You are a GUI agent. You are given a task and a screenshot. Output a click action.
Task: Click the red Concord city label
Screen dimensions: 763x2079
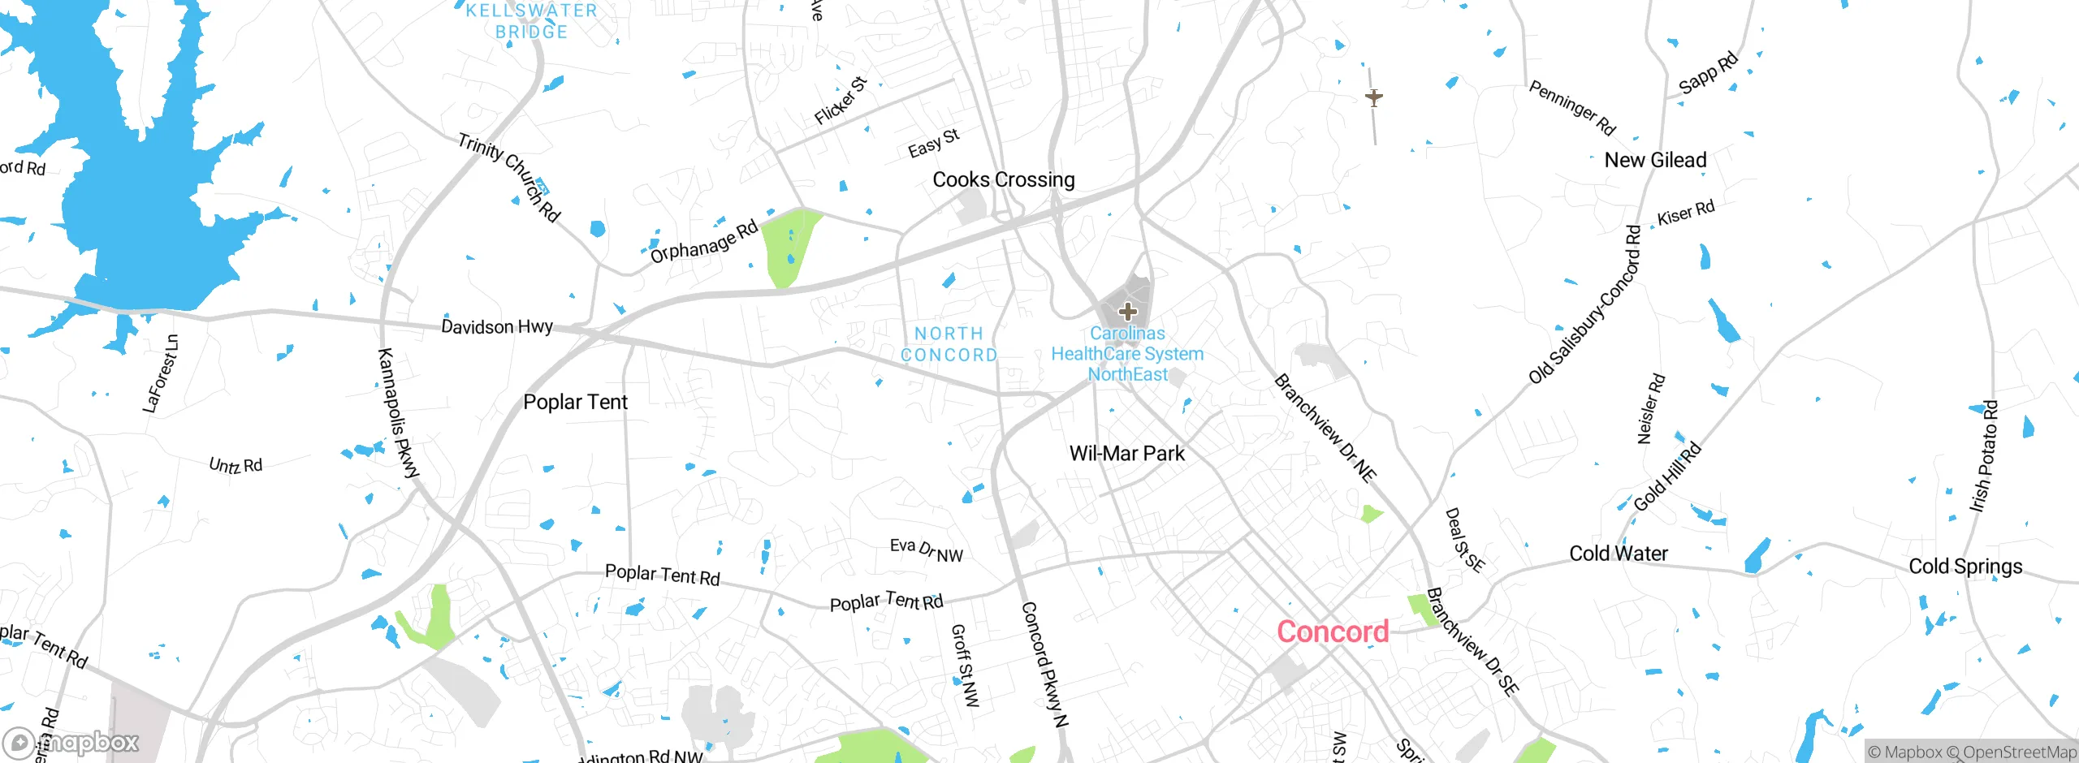point(1333,632)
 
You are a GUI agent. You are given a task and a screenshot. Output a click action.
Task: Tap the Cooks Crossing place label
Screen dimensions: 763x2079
point(1003,179)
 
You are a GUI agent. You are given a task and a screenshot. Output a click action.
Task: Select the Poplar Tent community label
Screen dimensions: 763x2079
point(575,402)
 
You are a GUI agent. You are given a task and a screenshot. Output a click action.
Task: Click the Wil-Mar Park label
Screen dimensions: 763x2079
point(1126,453)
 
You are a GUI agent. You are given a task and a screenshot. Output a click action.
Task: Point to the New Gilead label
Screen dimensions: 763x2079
point(1655,160)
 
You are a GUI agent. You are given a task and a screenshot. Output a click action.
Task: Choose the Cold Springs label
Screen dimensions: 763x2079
point(1965,566)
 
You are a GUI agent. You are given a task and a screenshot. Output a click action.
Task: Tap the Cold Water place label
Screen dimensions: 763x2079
point(1618,554)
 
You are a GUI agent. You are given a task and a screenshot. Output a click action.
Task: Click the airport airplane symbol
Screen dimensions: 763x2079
point(1373,98)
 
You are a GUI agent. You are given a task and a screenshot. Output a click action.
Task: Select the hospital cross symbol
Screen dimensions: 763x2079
point(1127,311)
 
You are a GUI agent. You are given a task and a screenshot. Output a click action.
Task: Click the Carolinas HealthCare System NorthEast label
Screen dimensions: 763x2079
point(1127,354)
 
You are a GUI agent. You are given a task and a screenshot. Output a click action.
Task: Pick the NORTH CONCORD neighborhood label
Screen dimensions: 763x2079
point(949,344)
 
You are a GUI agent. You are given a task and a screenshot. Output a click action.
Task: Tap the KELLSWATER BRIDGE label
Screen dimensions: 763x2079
point(531,21)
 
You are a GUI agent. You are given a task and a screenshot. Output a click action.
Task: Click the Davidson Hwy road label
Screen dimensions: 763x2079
point(496,326)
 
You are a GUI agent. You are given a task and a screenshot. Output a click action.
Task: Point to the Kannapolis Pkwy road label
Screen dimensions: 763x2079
point(399,412)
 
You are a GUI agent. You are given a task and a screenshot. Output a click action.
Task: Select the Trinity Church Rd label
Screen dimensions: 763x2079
point(508,177)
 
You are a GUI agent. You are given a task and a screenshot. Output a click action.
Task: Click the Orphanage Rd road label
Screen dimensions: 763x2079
point(703,242)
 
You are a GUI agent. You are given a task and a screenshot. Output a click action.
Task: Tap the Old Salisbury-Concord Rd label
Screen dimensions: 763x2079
point(1585,304)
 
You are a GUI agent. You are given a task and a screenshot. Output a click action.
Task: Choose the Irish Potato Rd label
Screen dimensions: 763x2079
point(1983,456)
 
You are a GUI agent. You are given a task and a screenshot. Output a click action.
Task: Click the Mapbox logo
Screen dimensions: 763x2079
point(71,742)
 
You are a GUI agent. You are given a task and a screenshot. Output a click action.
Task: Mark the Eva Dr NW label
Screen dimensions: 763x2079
point(926,550)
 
